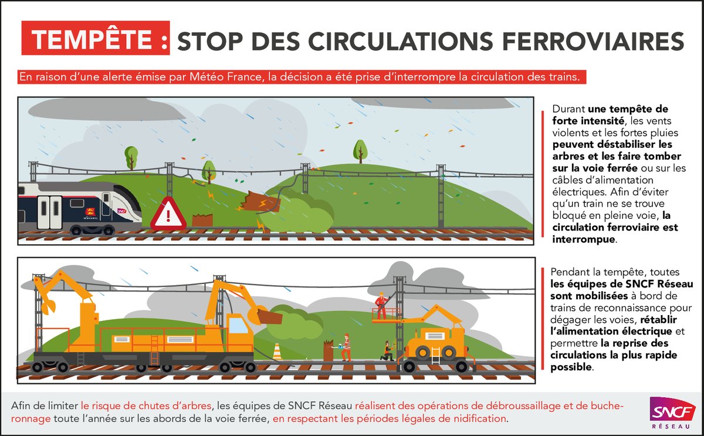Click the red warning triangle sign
coord(168,215)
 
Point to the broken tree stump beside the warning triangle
coord(202,221)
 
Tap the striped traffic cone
coord(277,351)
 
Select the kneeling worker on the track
coord(387,351)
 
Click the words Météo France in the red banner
coord(225,77)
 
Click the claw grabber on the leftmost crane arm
coord(50,306)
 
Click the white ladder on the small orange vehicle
coord(436,356)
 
